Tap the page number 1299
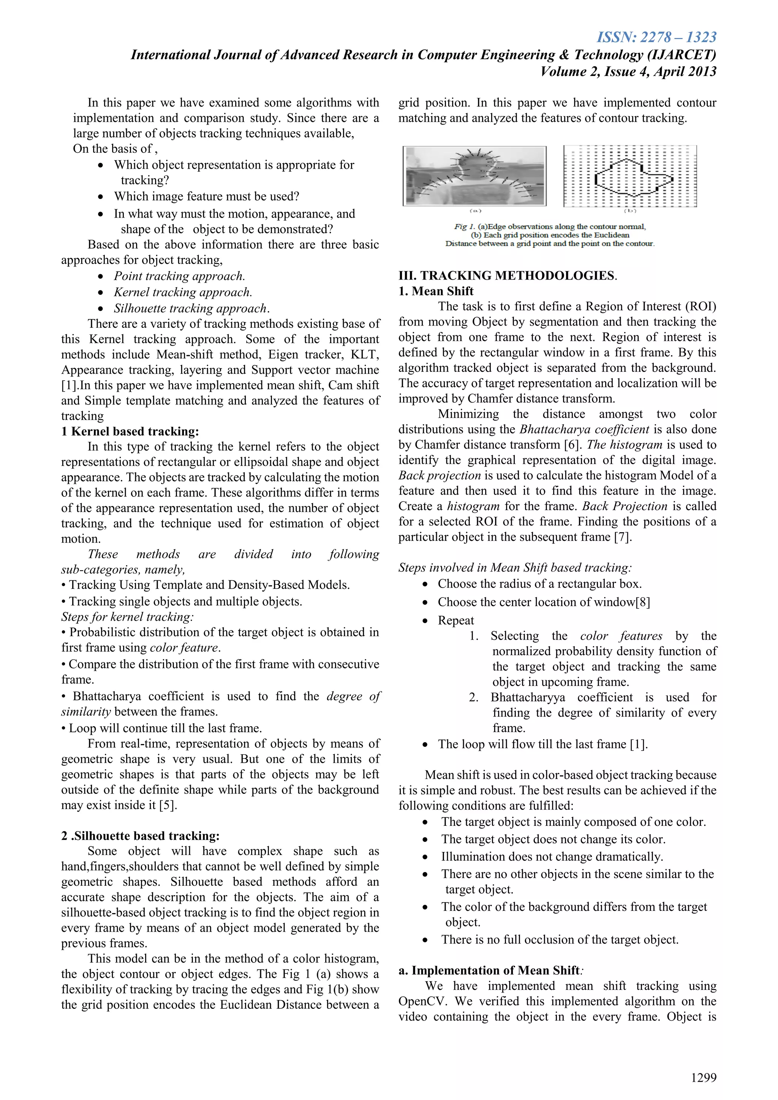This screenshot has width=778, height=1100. (703, 1078)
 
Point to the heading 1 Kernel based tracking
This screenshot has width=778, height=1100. (130, 431)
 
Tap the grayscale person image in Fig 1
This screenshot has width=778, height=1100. (474, 176)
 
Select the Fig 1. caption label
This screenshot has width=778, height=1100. (462, 227)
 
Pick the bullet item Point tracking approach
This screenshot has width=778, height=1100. (179, 276)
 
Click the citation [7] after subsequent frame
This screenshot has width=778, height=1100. (623, 537)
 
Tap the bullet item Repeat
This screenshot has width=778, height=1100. (455, 620)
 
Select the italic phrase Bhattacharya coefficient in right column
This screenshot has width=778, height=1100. (584, 429)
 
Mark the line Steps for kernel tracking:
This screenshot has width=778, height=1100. (127, 616)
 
